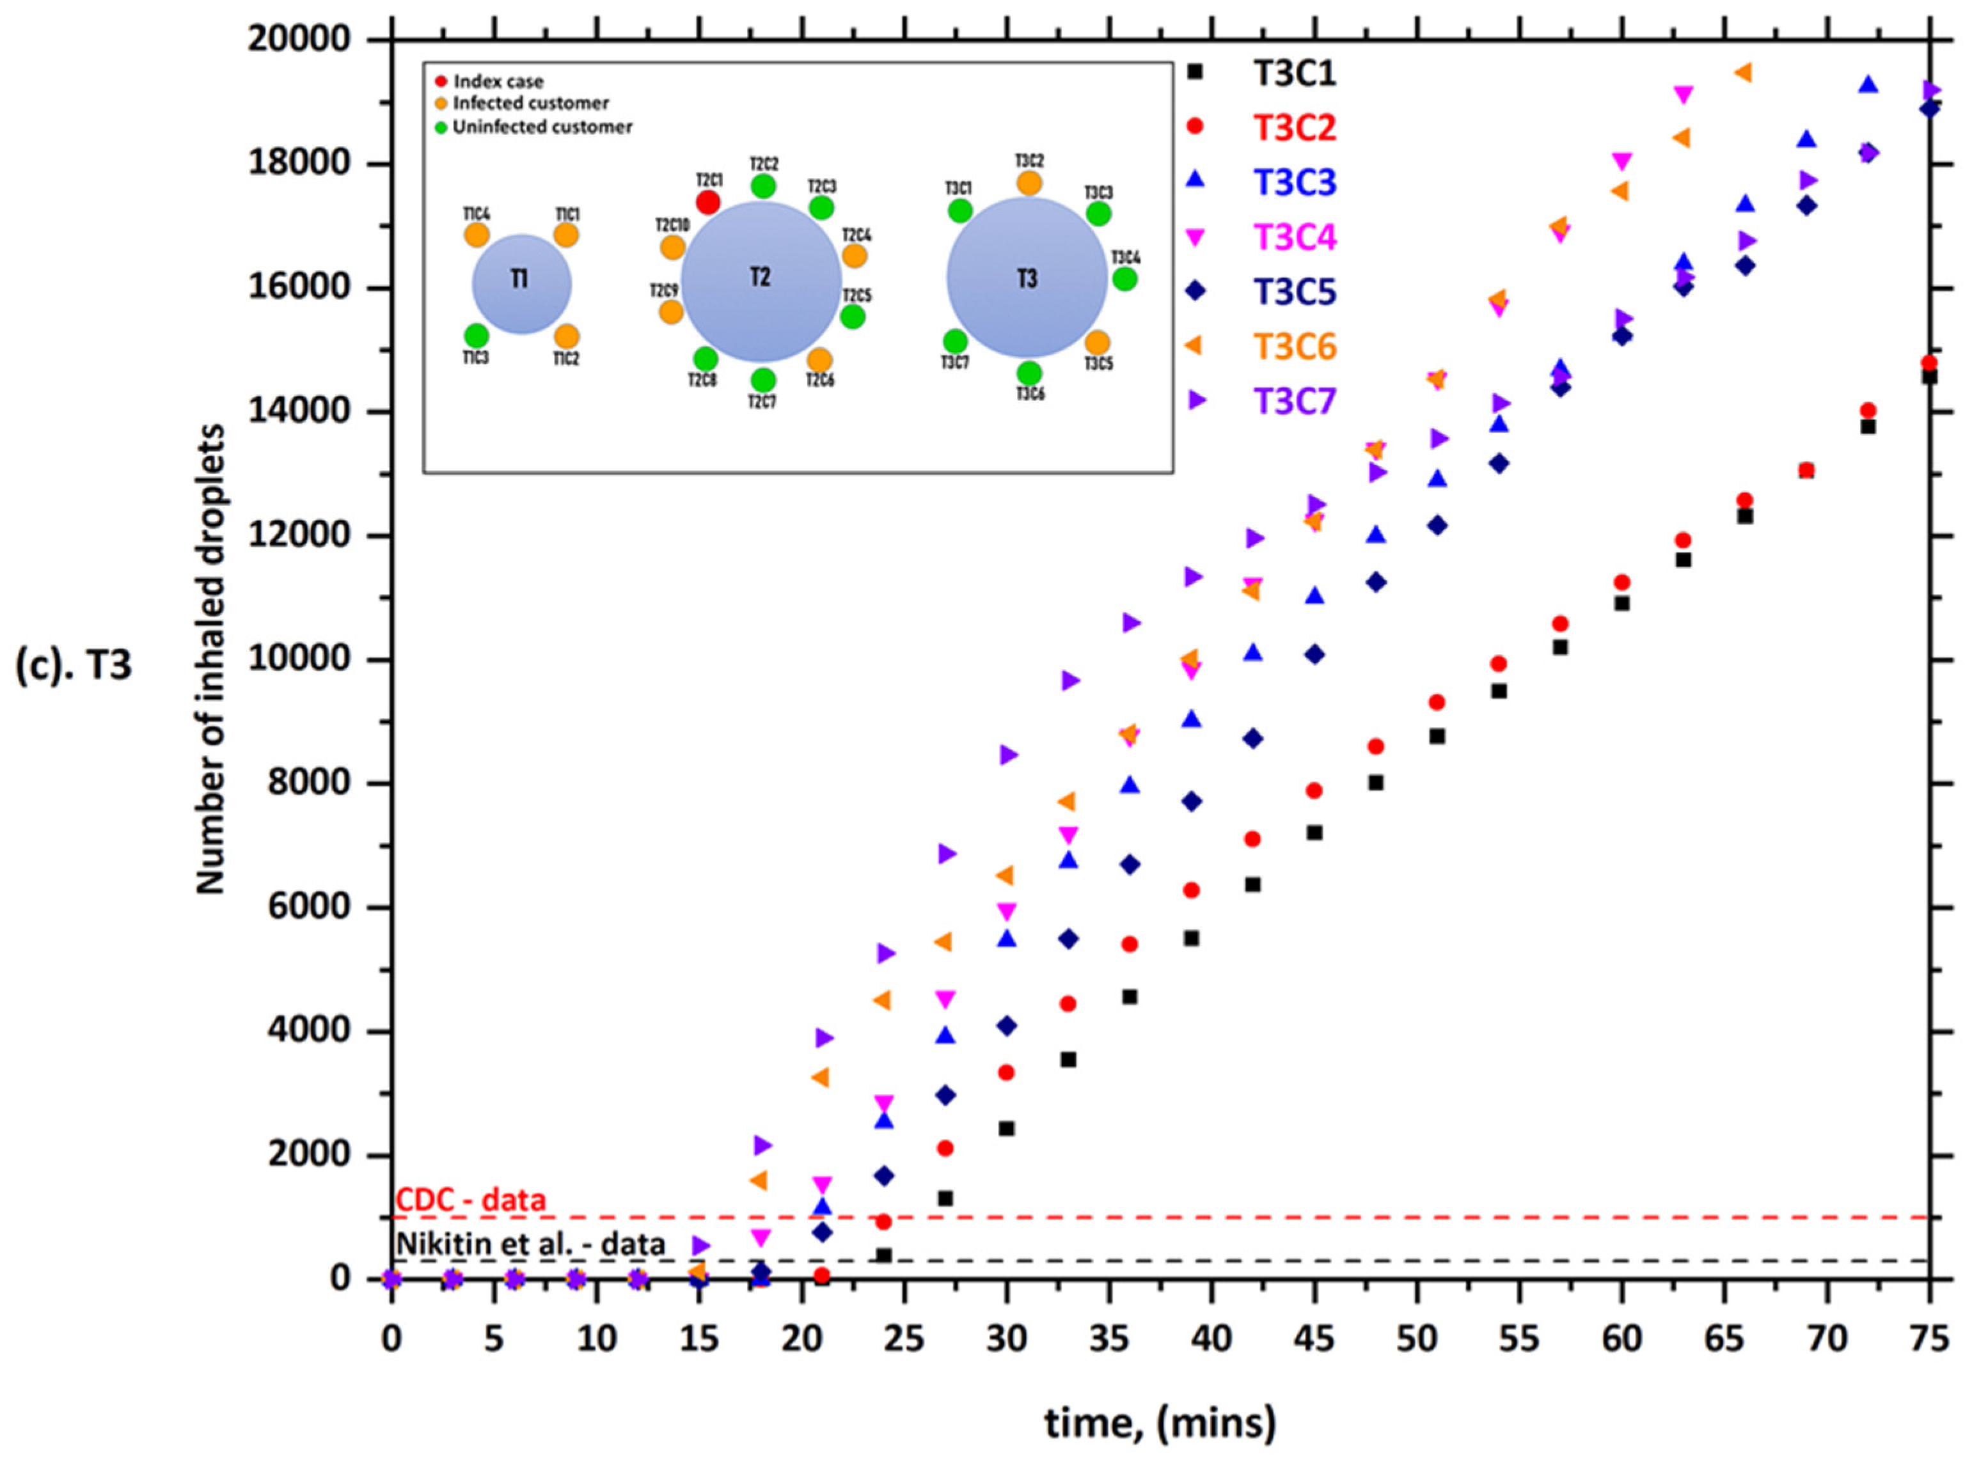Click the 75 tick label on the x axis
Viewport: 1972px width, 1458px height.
(1928, 1340)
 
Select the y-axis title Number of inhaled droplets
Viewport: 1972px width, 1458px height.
(210, 660)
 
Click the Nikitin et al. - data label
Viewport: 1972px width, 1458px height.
(530, 1244)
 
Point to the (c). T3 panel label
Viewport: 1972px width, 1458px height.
(74, 666)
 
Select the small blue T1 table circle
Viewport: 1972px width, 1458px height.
(522, 284)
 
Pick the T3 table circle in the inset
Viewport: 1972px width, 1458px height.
(1027, 278)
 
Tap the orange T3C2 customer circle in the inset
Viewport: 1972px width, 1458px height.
(1029, 183)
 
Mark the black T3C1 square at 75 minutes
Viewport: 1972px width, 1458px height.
(1929, 377)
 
